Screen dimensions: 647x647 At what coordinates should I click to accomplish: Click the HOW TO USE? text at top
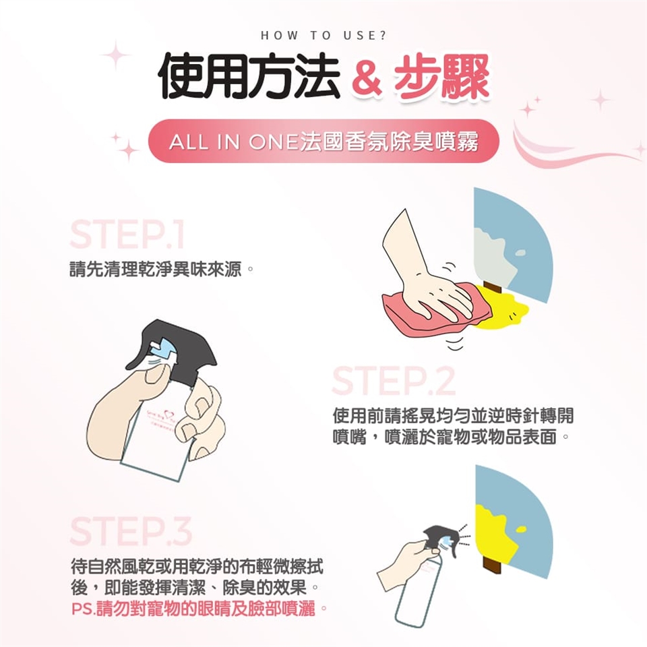pos(324,36)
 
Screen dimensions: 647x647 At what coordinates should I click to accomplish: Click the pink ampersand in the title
pos(367,78)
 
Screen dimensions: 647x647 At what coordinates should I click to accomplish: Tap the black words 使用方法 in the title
pos(249,76)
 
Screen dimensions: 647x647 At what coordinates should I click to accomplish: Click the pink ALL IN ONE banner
pos(323,141)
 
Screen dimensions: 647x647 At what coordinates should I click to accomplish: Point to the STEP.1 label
pos(127,235)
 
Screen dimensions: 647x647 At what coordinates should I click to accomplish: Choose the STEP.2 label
pos(394,380)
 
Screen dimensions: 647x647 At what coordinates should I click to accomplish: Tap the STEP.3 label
pos(131,530)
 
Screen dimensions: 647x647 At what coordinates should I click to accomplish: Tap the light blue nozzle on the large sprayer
pos(163,348)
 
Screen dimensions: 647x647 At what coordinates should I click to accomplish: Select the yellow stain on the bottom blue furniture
pos(495,532)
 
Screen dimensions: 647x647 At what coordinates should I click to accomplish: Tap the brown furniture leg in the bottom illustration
pos(492,565)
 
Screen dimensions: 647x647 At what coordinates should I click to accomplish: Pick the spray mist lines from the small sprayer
pos(464,536)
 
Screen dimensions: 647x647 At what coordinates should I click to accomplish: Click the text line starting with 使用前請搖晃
pos(453,416)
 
